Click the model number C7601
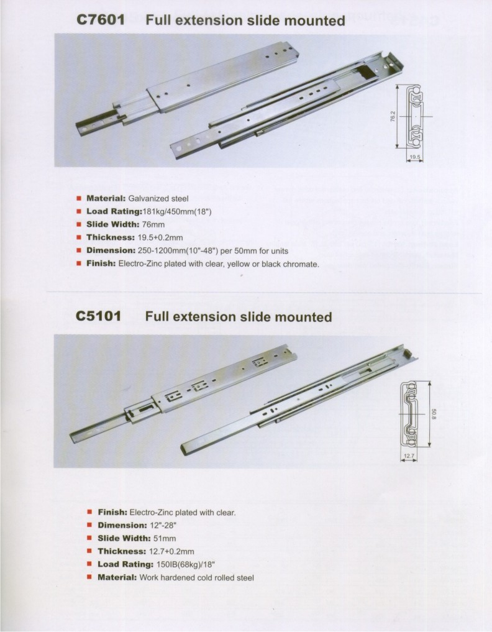[100, 21]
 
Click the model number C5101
[100, 316]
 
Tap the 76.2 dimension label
[392, 117]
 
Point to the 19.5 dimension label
[415, 158]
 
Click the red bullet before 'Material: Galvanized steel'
[79, 199]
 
